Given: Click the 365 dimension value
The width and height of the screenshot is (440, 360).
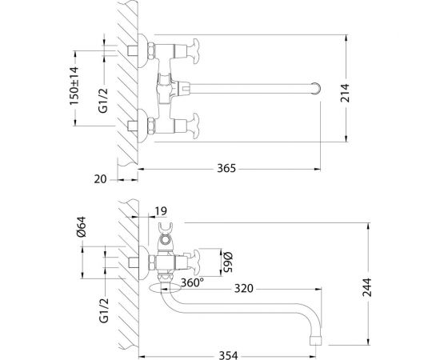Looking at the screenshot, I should tap(230, 169).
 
